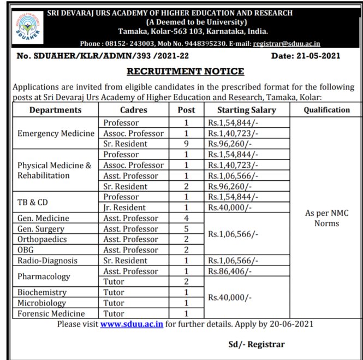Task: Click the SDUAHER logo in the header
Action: click(27, 27)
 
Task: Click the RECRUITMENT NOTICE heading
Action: click(186, 72)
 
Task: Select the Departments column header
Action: click(55, 110)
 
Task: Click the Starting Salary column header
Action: click(247, 110)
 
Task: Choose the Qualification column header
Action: click(326, 110)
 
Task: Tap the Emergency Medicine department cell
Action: click(56, 133)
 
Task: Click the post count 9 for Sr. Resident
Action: click(186, 144)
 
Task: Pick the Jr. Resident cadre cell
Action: click(124, 208)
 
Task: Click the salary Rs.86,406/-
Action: click(230, 271)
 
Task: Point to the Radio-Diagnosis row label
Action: click(47, 261)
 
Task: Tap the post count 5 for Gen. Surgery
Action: click(186, 229)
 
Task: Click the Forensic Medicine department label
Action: click(51, 314)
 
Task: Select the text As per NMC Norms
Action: click(326, 218)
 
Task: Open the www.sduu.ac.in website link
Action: click(132, 324)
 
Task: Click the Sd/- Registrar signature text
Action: click(256, 344)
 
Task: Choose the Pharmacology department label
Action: click(44, 276)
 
